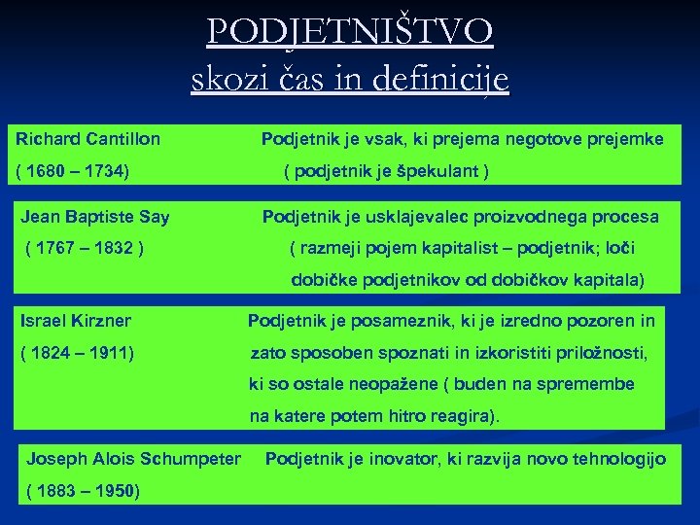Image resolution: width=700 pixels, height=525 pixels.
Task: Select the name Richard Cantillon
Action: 88,139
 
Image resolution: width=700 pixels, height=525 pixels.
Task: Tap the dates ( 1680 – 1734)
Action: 73,172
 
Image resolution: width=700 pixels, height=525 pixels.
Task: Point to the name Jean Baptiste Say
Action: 94,216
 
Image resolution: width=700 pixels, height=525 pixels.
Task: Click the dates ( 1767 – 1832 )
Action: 86,249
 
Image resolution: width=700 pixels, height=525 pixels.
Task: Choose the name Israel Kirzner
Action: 76,320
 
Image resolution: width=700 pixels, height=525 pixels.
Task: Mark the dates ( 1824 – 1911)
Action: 77,353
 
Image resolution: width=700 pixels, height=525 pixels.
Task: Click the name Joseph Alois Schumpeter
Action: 134,458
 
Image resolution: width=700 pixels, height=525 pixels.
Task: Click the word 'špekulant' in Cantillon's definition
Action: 433,172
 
